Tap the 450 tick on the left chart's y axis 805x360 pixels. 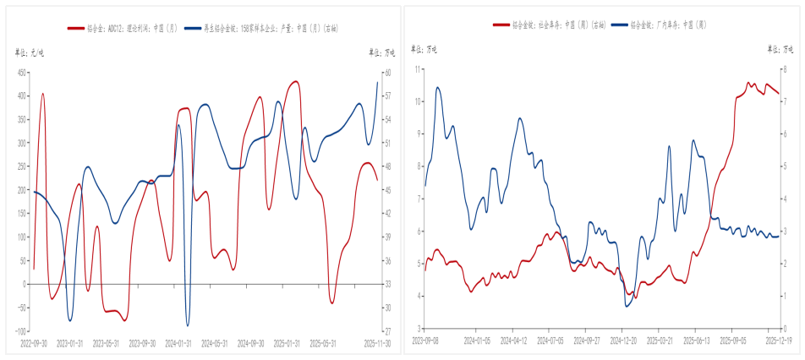point(20,73)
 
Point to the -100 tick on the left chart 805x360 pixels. point(19,331)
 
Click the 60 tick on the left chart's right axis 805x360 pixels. point(388,73)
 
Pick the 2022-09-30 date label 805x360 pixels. point(33,344)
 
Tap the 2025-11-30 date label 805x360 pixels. point(375,344)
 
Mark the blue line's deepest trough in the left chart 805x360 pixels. point(188,325)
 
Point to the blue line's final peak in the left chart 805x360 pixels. point(377,81)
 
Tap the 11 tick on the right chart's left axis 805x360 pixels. point(418,68)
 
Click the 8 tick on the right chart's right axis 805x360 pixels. point(786,68)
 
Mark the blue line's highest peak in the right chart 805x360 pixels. point(437,87)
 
